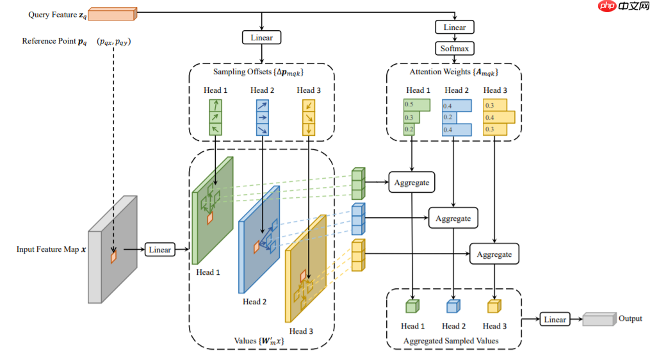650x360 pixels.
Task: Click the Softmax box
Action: (455, 48)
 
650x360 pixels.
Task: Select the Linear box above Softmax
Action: (455, 27)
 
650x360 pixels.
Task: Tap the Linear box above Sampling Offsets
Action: (261, 37)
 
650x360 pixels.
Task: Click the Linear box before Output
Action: (555, 319)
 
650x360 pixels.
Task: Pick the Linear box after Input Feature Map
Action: (159, 249)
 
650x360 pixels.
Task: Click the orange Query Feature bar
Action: (111, 13)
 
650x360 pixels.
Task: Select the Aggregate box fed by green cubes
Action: (411, 182)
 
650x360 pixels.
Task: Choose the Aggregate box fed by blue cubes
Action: (453, 218)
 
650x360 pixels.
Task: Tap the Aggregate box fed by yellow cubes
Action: (494, 254)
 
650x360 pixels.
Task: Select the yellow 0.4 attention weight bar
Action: (498, 117)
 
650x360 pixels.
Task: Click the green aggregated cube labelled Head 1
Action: (412, 306)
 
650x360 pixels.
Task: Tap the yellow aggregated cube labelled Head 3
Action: (494, 306)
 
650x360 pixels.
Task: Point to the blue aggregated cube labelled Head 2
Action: (453, 306)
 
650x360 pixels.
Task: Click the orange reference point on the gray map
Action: (113, 256)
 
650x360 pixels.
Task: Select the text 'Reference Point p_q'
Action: (54, 42)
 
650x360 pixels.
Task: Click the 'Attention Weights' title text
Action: (453, 72)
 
